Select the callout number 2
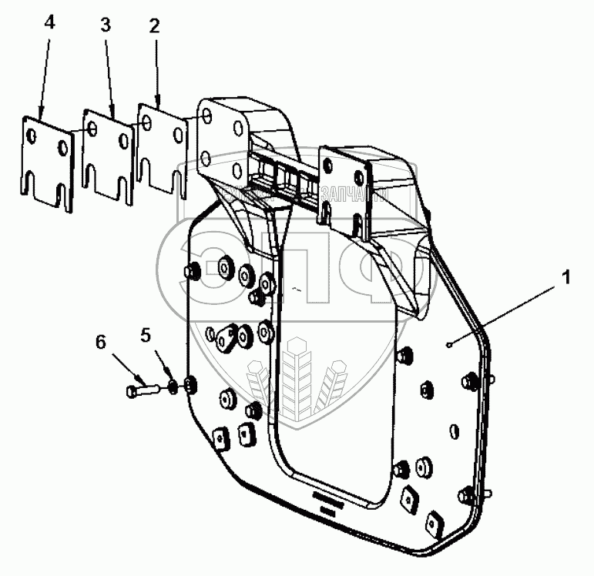[x=154, y=25]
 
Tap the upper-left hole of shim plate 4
[x=32, y=136]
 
